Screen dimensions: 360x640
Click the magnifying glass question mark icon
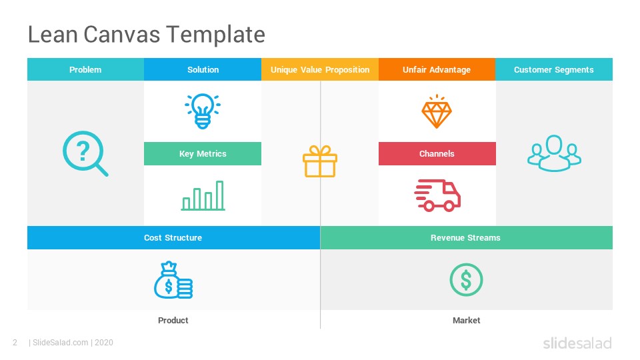[x=85, y=153]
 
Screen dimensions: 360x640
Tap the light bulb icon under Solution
[x=203, y=111]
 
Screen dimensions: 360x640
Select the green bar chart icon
[x=203, y=195]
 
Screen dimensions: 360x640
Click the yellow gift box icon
[x=320, y=162]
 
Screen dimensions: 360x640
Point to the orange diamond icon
[x=437, y=112]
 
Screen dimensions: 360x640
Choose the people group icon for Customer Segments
[x=554, y=153]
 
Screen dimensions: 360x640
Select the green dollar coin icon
[x=466, y=280]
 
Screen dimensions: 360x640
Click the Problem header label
[x=85, y=70]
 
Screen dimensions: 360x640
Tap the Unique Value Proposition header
[x=320, y=70]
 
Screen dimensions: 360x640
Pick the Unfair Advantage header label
[x=437, y=70]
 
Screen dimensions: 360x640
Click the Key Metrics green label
[x=203, y=154]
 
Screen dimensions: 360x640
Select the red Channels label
[x=437, y=154]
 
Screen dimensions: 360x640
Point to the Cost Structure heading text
[x=173, y=238]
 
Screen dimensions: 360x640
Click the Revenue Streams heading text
[x=465, y=238]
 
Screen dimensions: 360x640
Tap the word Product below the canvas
[x=173, y=321]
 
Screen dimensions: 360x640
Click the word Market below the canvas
[x=466, y=321]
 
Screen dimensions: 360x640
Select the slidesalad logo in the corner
[x=577, y=343]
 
